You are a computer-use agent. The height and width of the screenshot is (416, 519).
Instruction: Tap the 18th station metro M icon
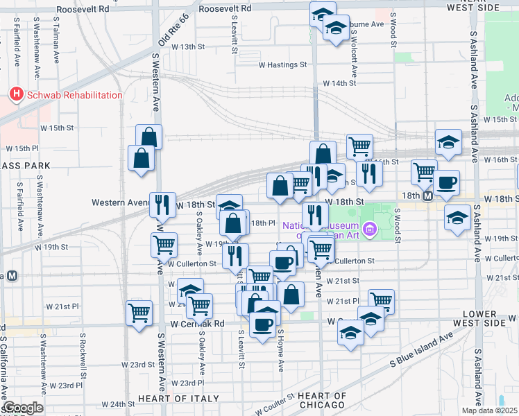[428, 196]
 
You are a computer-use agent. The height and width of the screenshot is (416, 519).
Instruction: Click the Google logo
[23, 408]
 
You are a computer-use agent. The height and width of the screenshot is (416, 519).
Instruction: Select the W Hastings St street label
[282, 64]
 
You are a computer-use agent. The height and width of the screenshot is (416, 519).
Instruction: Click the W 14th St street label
[339, 83]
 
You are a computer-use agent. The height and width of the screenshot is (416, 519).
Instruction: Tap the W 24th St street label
[117, 404]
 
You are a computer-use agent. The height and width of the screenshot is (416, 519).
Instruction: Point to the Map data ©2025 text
[490, 410]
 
